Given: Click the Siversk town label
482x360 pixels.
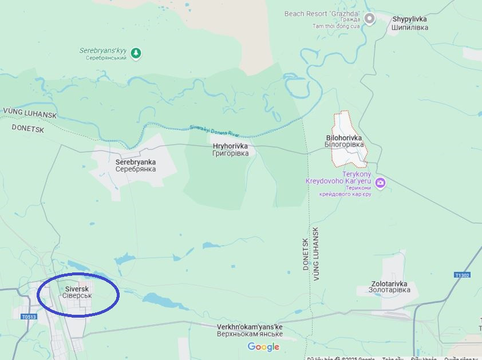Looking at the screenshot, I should coord(77,292).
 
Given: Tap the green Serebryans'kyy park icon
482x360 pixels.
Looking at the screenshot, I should coord(136,54).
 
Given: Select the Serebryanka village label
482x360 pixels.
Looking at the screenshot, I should coord(136,165).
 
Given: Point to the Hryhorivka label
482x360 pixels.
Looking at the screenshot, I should coord(230,149).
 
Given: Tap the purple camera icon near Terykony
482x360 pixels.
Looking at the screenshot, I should coord(380,183).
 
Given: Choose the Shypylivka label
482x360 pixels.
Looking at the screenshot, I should coord(409,23).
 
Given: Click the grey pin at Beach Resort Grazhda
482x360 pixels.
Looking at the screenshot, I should coord(370,18).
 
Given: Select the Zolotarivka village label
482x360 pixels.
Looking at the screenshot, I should coord(389,287).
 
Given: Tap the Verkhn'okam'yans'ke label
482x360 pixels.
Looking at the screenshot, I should coord(250,330).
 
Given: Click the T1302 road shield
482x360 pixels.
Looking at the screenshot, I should coord(462,275).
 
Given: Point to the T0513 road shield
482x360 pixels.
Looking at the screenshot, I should coord(29,317).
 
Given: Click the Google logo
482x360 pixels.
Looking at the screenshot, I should coord(263,347).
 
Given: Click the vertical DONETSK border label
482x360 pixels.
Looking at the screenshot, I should coord(305,254).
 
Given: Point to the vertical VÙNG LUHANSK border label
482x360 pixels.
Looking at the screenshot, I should coord(315,253).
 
